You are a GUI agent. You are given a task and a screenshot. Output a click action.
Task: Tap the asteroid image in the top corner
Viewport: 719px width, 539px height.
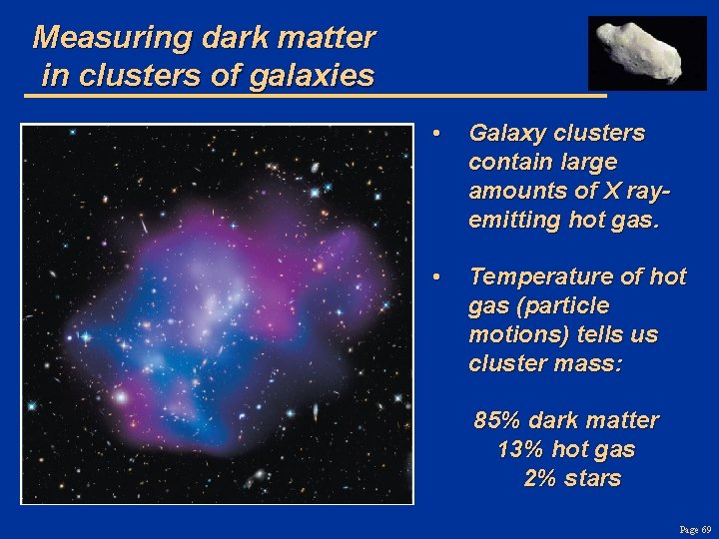[647, 52]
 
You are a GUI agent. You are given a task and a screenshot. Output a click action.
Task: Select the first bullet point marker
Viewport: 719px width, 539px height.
[436, 134]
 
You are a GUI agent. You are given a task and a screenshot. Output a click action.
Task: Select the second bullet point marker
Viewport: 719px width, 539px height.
[436, 276]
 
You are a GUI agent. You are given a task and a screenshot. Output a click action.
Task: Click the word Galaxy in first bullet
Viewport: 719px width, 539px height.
[503, 134]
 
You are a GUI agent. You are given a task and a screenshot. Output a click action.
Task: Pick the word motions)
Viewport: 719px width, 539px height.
[510, 334]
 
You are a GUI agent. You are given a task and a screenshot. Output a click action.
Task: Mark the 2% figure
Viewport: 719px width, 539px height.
[540, 478]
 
